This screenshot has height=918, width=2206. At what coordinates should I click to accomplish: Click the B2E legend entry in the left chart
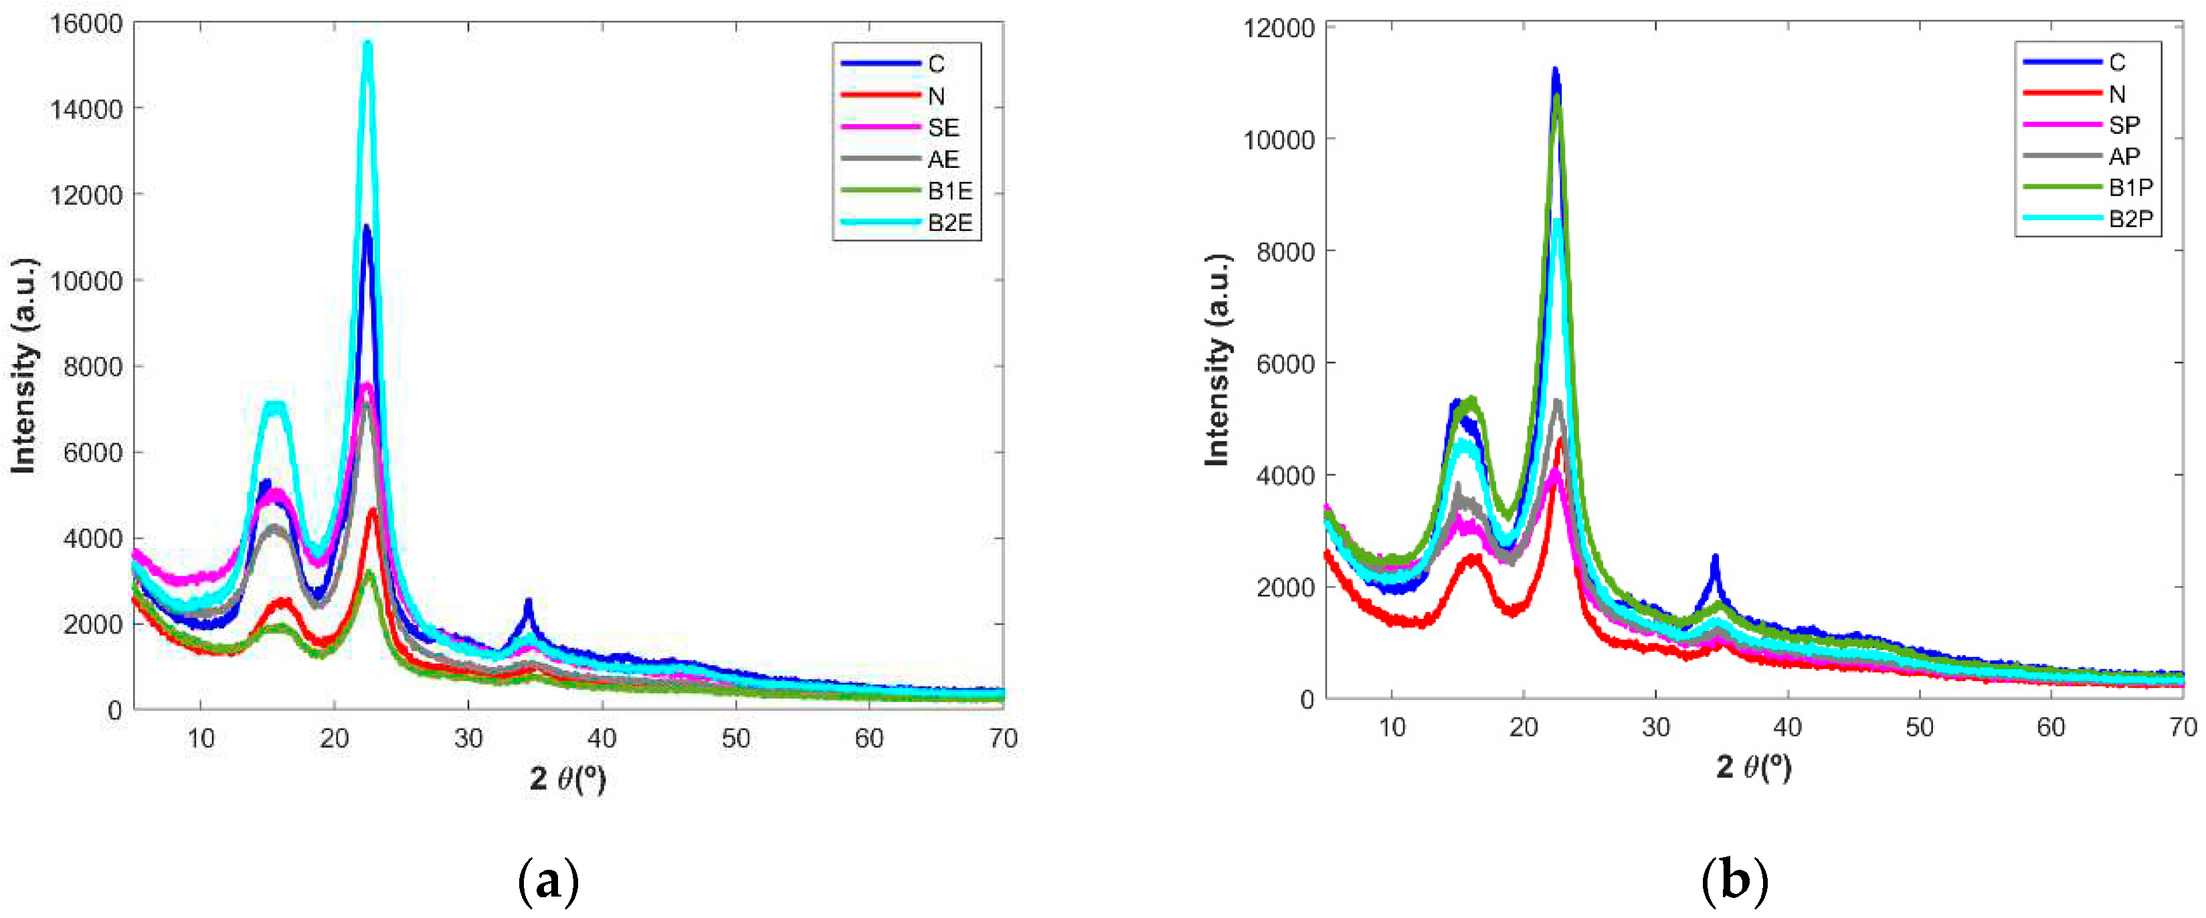(949, 223)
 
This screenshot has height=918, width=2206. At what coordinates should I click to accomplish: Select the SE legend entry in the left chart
(942, 128)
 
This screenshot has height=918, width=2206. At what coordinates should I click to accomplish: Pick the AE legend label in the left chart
(943, 159)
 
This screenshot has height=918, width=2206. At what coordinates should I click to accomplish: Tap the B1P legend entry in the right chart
(2130, 187)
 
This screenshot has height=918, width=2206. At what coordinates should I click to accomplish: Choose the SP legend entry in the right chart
(2124, 125)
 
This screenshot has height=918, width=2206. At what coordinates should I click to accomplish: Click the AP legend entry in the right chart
(2124, 157)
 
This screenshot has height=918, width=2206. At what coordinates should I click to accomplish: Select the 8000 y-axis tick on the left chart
(94, 367)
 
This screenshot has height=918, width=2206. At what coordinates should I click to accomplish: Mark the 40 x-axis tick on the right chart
(1787, 727)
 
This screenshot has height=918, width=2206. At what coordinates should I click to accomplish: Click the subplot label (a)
(549, 881)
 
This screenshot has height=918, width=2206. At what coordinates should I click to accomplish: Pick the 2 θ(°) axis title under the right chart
(1753, 766)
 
